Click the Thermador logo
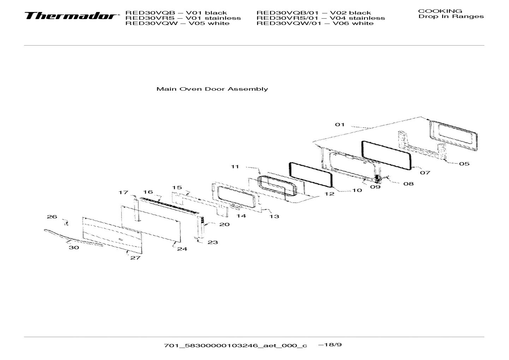[71, 16]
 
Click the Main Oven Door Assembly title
[212, 89]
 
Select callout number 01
[340, 124]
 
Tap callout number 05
[464, 164]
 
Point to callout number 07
[425, 173]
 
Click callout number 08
[408, 184]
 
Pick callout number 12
[329, 194]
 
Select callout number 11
[235, 166]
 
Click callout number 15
[177, 188]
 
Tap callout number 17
[123, 193]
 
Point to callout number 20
[224, 224]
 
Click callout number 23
[212, 242]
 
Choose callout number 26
[52, 217]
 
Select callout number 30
[74, 248]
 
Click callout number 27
[135, 258]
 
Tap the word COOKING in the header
[440, 11]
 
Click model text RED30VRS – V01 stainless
[183, 18]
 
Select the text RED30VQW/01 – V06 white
[315, 23]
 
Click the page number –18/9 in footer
[330, 344]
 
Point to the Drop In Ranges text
[451, 17]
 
